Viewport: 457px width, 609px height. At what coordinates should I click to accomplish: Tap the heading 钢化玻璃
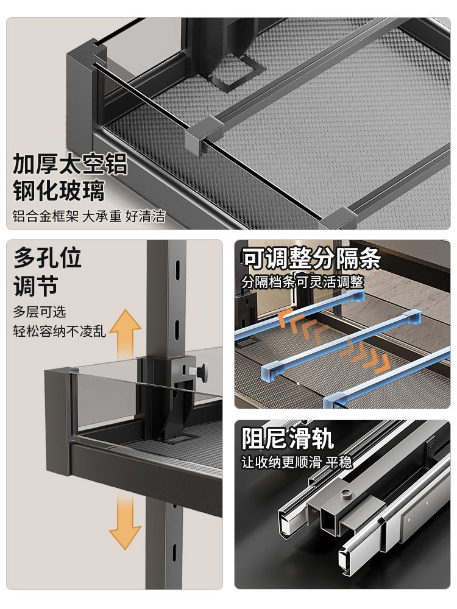pos(59,191)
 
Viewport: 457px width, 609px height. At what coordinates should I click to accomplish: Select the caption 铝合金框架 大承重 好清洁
pos(89,216)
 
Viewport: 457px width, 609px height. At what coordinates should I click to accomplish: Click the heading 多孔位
pos(48,258)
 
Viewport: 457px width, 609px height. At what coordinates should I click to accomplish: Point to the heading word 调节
pos(35,285)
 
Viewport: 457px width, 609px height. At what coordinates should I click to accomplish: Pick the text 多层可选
pos(40,312)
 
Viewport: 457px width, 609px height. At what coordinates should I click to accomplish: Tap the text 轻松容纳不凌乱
pos(60,332)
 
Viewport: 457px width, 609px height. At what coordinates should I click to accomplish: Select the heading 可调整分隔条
pos(311,259)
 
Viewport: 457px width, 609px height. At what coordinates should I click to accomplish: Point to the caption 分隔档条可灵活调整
pos(302,282)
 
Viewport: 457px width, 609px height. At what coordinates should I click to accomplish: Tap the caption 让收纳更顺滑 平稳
pos(297,462)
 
